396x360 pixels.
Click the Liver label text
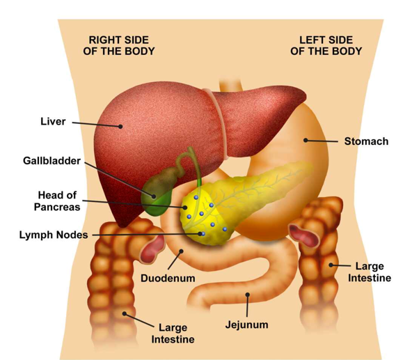point(53,122)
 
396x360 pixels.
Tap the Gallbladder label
point(52,161)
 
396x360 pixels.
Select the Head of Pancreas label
point(57,201)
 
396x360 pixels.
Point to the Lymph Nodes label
point(54,235)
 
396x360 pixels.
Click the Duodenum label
point(168,278)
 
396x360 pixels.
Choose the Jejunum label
point(247,324)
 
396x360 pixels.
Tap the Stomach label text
point(367,141)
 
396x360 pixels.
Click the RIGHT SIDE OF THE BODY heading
point(119,46)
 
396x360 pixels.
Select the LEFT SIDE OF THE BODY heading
point(326,46)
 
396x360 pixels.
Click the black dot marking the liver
point(120,126)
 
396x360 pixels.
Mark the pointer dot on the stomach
point(306,140)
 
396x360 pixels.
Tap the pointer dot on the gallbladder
point(154,196)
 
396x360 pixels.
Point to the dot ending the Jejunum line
point(248,295)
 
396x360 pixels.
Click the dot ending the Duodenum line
point(181,251)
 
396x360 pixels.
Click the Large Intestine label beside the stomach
point(370,272)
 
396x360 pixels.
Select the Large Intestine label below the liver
point(173,334)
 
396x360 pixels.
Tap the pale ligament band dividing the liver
point(217,121)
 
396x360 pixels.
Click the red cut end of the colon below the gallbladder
point(152,249)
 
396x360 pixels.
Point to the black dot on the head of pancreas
point(185,208)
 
